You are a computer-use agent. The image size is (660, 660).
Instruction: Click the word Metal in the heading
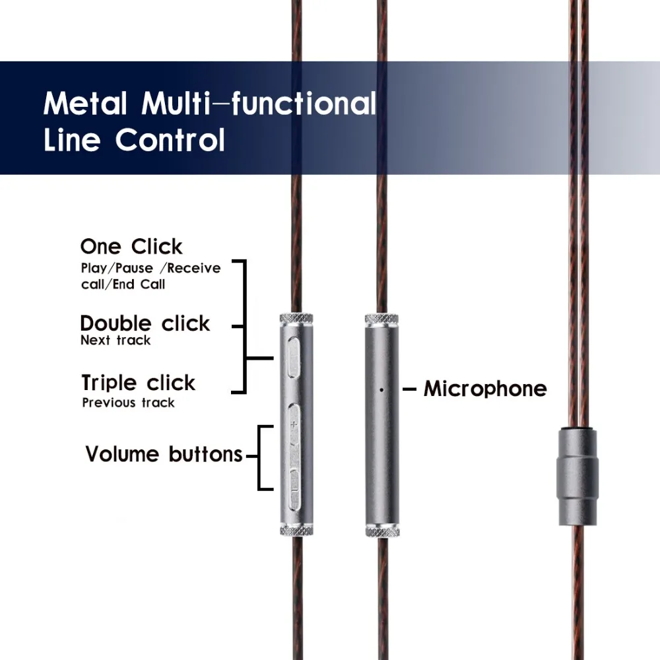coord(85,103)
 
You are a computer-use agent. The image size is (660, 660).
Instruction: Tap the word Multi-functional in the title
coord(259,103)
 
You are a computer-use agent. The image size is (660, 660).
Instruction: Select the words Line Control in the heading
coord(134,140)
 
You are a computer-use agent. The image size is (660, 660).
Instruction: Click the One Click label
coord(131,247)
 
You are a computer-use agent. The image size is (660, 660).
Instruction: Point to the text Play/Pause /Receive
coord(150,268)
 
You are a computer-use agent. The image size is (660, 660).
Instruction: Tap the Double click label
coord(145,323)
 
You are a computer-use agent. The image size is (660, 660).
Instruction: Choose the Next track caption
coord(115,340)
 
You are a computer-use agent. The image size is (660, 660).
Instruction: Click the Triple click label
coord(139,383)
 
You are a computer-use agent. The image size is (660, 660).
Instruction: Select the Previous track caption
coord(129,403)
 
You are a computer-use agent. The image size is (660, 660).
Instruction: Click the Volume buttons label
coord(164,454)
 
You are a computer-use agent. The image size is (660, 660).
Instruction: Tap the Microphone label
coord(485,389)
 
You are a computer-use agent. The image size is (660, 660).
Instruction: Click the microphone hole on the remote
coord(381,390)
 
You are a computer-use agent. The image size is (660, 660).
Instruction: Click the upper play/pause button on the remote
coord(294,357)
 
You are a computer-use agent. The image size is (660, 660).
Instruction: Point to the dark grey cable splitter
coord(577,477)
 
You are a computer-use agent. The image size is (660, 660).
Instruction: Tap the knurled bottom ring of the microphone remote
coord(382,531)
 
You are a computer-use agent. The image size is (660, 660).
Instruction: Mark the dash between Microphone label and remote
coord(410,389)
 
